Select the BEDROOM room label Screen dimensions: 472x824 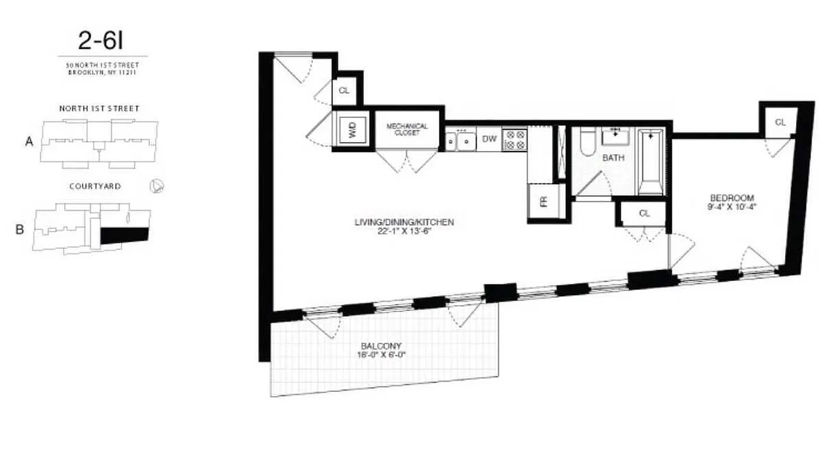pyautogui.click(x=732, y=198)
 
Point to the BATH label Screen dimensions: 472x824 pyautogui.click(x=613, y=158)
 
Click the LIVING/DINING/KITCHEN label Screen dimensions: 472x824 pyautogui.click(x=404, y=222)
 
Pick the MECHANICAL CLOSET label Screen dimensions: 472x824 pyautogui.click(x=407, y=129)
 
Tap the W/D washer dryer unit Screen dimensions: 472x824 pyautogui.click(x=352, y=129)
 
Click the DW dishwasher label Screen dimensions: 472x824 pyautogui.click(x=489, y=139)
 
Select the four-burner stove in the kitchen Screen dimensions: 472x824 pyautogui.click(x=514, y=139)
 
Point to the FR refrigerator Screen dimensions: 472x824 pyautogui.click(x=543, y=201)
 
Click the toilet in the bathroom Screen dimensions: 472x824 pyautogui.click(x=587, y=143)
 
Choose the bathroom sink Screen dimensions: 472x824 pyautogui.click(x=615, y=136)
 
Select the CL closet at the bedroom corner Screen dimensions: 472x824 pyautogui.click(x=780, y=122)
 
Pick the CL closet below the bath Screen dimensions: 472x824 pyautogui.click(x=644, y=214)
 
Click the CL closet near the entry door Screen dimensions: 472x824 pyautogui.click(x=345, y=91)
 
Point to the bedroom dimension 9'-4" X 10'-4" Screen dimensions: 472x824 pyautogui.click(x=732, y=207)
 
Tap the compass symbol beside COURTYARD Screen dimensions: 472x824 pyautogui.click(x=157, y=186)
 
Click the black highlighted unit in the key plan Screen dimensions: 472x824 pyautogui.click(x=124, y=235)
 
